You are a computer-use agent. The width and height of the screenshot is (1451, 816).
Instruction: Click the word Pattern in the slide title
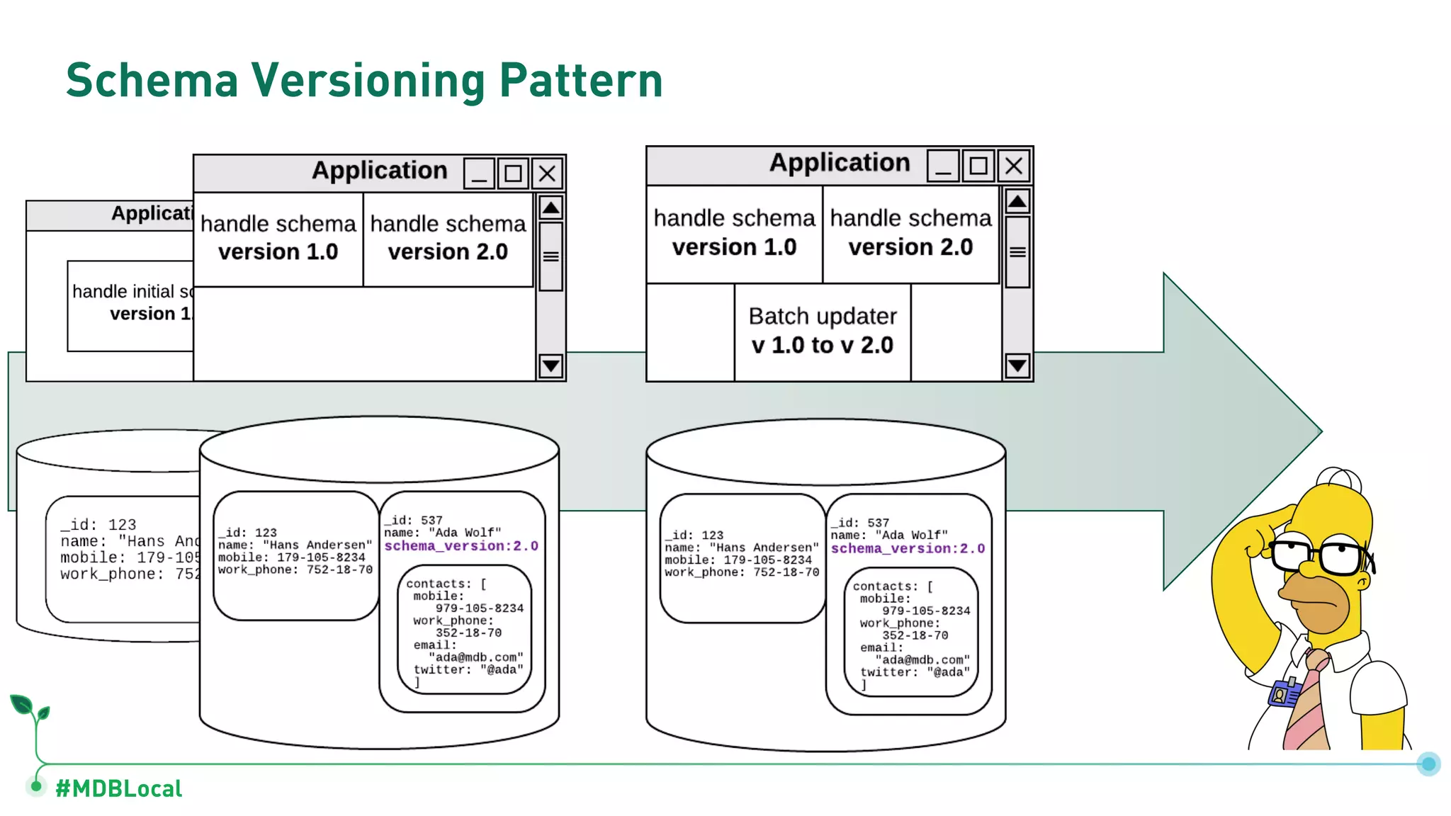coord(580,80)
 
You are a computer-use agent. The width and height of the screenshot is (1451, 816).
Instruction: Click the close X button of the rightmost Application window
coord(1014,166)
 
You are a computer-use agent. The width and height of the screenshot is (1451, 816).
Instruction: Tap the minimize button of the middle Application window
coord(479,174)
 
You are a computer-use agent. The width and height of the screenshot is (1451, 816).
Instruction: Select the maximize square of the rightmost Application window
coord(978,166)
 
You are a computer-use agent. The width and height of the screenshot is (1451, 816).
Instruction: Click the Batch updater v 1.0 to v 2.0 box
coord(822,331)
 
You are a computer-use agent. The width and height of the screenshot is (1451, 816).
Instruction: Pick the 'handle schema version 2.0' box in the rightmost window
coord(910,233)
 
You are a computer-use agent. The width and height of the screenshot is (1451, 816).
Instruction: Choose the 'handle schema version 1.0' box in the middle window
coord(278,238)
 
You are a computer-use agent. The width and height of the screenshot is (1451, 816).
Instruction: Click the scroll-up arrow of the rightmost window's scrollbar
coord(1017,202)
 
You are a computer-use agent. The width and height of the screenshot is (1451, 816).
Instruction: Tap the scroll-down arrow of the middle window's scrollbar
coord(551,365)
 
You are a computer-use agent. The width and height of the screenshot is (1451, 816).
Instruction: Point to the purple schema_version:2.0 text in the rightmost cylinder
coord(908,548)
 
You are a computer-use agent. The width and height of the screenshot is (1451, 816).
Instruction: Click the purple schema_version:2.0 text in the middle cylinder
coord(461,546)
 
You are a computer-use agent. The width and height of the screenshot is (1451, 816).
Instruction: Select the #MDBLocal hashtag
coord(118,788)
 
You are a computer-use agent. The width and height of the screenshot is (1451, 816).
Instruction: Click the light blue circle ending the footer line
coord(1428,764)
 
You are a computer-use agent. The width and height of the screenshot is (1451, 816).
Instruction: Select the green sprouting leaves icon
coord(30,708)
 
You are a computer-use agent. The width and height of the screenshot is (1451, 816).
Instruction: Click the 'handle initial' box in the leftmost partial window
coord(131,305)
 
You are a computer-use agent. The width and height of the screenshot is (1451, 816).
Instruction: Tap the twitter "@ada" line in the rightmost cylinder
coord(914,672)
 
